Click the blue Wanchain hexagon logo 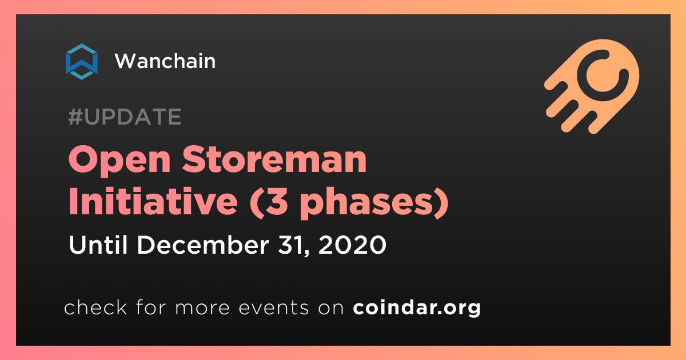[x=82, y=62]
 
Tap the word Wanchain [x=165, y=61]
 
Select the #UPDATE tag [x=125, y=117]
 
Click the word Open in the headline [x=119, y=160]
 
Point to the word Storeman [x=274, y=159]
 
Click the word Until [x=98, y=245]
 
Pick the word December [x=203, y=245]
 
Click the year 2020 [x=352, y=245]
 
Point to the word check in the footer [x=95, y=307]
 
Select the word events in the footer [x=273, y=308]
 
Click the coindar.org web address [x=417, y=307]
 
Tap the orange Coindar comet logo [x=592, y=86]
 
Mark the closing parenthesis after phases [x=441, y=202]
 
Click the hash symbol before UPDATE [x=75, y=117]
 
